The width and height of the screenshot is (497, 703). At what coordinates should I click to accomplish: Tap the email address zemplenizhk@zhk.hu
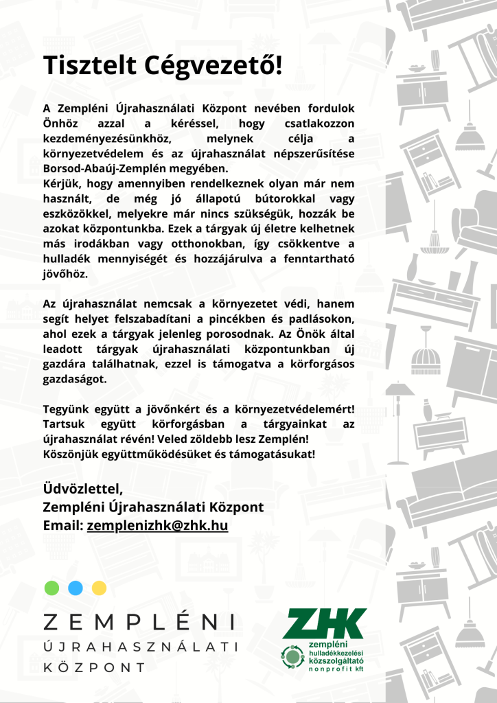tap(157, 526)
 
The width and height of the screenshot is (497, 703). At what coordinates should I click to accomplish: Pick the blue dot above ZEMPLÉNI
tap(76, 588)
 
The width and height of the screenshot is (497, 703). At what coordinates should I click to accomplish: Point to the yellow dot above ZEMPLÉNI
tap(100, 588)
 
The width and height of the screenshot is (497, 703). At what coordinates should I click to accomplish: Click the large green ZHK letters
tap(325, 623)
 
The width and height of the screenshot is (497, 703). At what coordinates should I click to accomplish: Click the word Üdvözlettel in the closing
tap(83, 489)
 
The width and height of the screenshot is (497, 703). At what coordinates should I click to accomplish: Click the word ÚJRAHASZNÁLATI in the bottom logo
tap(140, 647)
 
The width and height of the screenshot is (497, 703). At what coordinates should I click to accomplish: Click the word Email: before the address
tap(63, 526)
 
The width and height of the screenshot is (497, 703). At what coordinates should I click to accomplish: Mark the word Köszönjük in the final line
tap(73, 454)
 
